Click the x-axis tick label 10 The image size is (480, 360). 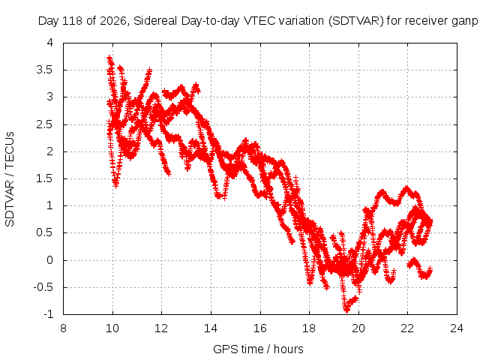tap(112, 328)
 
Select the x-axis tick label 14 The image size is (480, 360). tap(211, 328)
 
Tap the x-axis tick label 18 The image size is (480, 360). tap(309, 328)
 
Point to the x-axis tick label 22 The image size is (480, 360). tap(407, 328)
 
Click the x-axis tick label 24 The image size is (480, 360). tap(457, 328)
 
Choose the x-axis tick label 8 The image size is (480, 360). tap(63, 328)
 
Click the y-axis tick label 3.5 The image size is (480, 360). tap(45, 70)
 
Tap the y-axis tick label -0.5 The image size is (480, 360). tap(43, 287)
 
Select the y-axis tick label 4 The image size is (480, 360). tap(50, 43)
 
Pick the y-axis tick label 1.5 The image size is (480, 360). tap(45, 178)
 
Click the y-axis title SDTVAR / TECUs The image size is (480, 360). tap(10, 179)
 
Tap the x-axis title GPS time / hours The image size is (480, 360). tap(258, 349)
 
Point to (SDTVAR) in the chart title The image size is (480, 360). tap(355, 21)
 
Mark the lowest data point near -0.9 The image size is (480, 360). tap(346, 310)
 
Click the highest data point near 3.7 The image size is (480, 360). tap(109, 58)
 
